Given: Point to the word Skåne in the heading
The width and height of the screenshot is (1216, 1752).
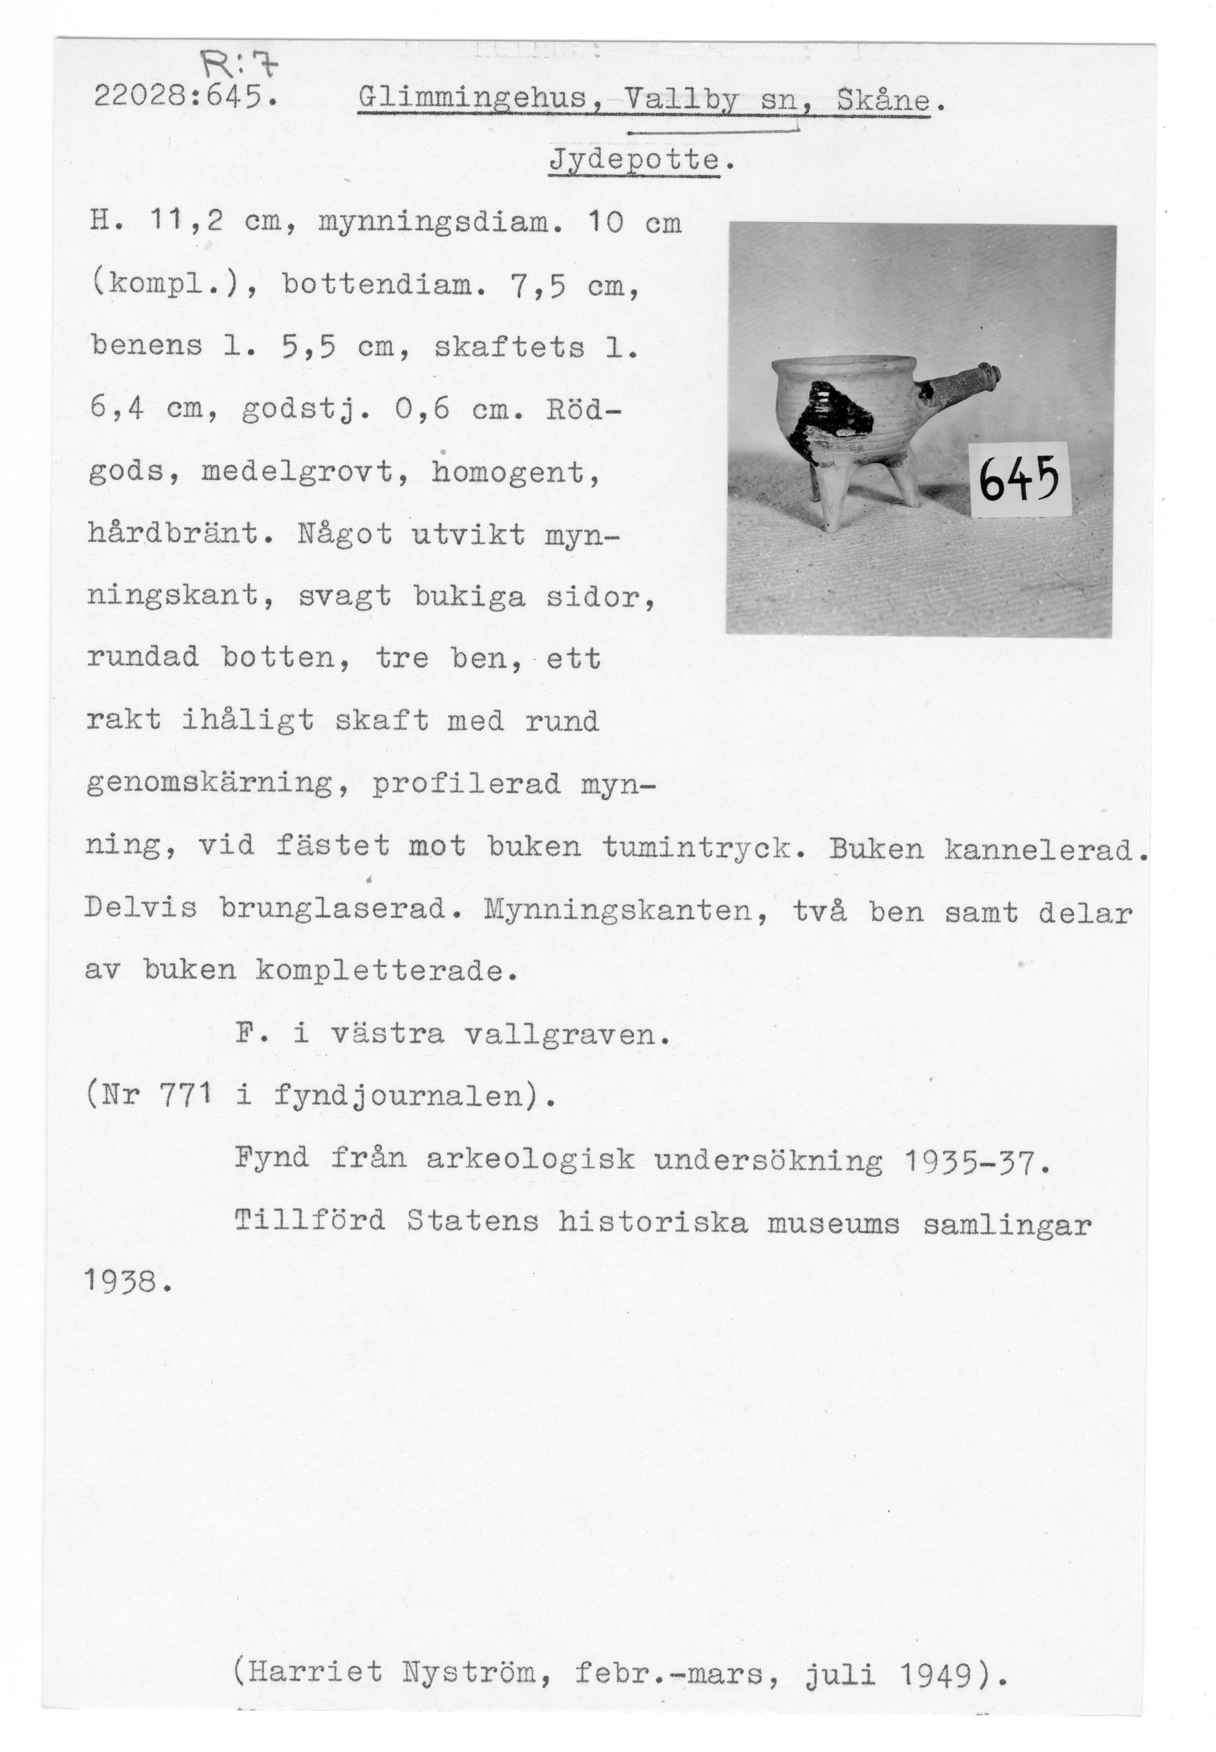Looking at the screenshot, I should click(883, 100).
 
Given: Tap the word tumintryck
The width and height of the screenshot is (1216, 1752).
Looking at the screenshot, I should click(705, 846).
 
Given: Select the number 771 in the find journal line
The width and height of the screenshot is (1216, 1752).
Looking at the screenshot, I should click(185, 1096).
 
